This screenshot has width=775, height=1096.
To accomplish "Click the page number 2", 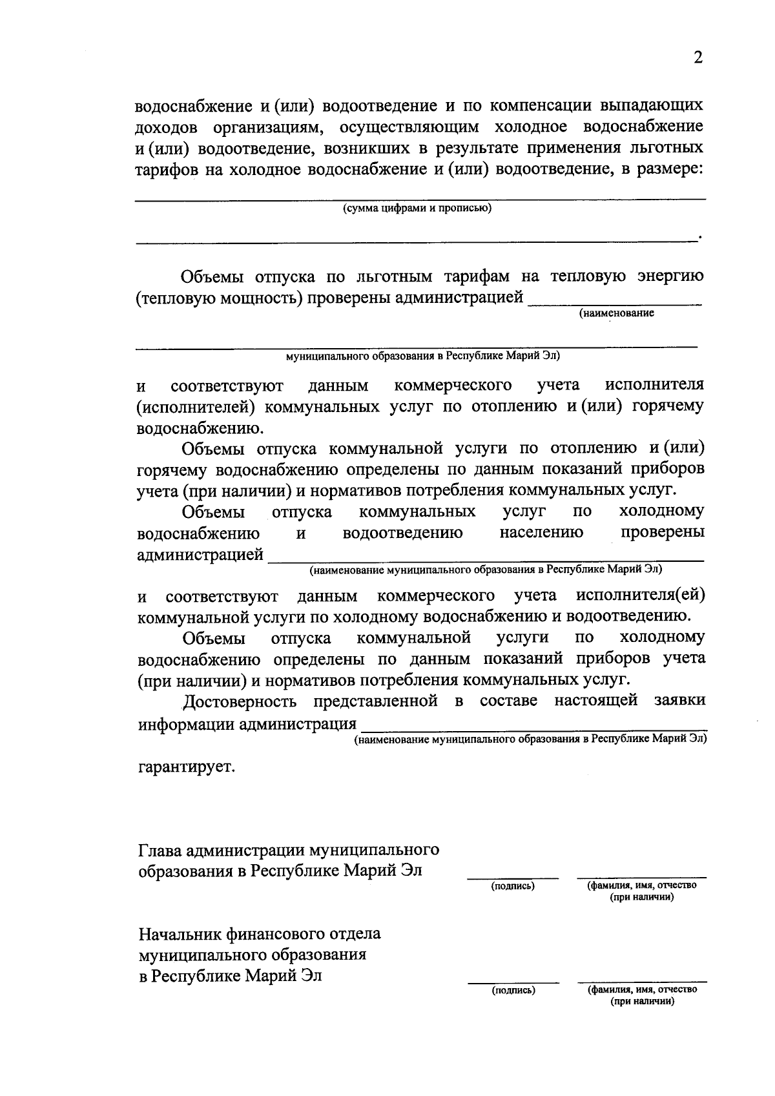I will pos(697,58).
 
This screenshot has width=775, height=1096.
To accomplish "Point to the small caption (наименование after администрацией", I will pos(616,313).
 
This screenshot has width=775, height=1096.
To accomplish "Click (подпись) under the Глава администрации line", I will pos(513,886).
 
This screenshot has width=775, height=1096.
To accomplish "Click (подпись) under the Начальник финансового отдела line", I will pos(513,989).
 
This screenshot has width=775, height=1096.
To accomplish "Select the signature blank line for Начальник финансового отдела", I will pos(513,981).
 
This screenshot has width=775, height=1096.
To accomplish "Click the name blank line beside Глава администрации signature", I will pos(641,878).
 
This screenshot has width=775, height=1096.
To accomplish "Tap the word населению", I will pos(541,533).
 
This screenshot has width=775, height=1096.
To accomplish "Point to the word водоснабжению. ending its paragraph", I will pos(200,428).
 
